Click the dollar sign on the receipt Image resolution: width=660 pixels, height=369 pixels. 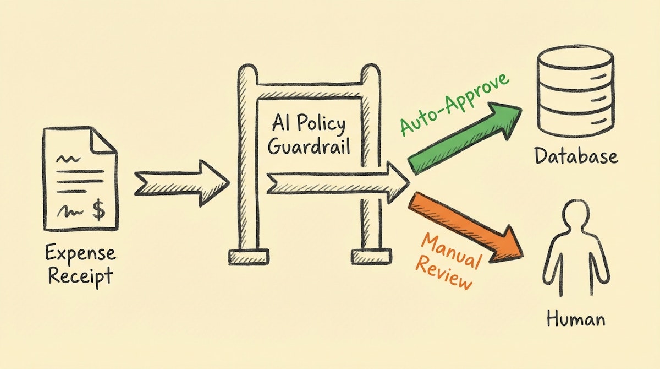[x=99, y=210]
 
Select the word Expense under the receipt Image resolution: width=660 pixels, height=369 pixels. [x=81, y=254]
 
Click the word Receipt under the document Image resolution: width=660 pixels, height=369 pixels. [x=81, y=275]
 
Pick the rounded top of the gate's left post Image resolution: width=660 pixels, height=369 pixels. [x=247, y=73]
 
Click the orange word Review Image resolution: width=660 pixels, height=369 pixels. [x=443, y=274]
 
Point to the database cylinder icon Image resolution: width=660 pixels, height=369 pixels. [x=574, y=91]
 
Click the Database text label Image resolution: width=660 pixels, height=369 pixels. [x=576, y=156]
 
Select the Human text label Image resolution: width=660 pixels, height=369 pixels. [x=576, y=319]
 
